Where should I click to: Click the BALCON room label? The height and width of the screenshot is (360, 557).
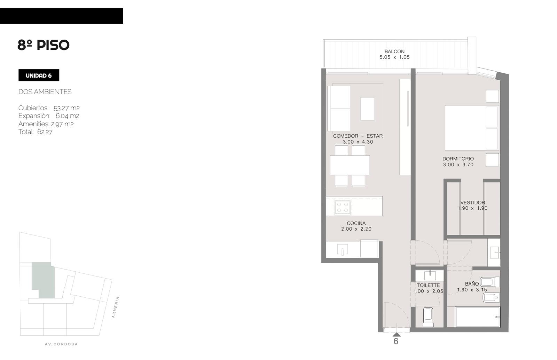394,51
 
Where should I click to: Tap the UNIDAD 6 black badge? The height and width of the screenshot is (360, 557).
39,75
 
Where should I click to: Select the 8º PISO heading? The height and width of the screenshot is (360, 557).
43,45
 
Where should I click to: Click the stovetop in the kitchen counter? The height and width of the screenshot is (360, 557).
343,207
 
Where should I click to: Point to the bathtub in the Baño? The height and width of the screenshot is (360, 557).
477,317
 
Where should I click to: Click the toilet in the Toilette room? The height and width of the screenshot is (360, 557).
428,317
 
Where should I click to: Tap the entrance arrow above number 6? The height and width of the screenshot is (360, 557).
397,334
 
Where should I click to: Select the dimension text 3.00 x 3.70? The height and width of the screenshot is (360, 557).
458,165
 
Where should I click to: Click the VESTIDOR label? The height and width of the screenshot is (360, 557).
472,202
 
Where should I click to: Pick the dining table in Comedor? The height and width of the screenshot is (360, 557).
350,165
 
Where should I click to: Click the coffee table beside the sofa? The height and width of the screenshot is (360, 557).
368,109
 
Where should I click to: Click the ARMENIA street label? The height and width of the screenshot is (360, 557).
115,307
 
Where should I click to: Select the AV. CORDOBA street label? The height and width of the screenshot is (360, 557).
61,344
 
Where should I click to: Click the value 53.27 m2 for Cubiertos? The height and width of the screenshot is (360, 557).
66,108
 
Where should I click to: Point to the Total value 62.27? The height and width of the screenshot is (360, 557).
45,132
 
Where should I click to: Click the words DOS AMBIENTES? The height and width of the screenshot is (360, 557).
45,92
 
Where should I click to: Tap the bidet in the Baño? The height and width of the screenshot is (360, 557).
491,297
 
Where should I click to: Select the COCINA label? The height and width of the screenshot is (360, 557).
356,223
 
